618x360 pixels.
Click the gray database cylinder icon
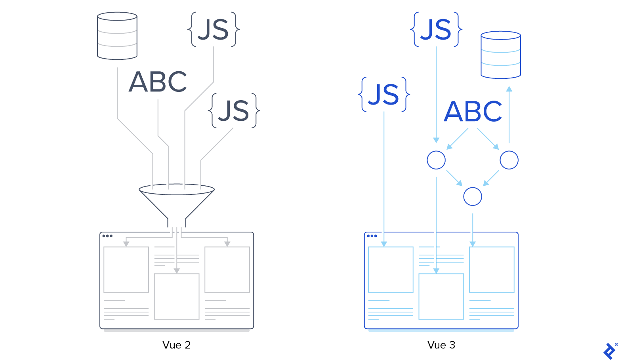click(x=117, y=36)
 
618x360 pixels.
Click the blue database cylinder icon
click(x=500, y=55)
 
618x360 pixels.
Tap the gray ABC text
click(x=158, y=82)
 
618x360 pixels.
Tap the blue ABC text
click(x=473, y=111)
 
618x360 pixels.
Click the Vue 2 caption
click(x=176, y=345)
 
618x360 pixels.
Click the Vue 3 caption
click(x=441, y=345)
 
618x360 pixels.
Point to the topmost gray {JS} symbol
click(x=214, y=30)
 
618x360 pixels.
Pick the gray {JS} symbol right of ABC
click(x=234, y=111)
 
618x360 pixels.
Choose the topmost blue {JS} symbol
click(x=436, y=30)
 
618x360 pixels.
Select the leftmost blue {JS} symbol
click(x=383, y=95)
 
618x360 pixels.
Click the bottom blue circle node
click(x=473, y=196)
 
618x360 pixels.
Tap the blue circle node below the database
click(x=509, y=160)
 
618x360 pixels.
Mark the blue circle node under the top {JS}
click(x=436, y=160)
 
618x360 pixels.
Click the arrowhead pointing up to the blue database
click(x=509, y=89)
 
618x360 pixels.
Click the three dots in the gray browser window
click(x=107, y=236)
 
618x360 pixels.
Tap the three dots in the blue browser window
click(x=372, y=236)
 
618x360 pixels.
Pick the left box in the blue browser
click(x=391, y=269)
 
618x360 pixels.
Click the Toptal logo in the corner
click(x=610, y=351)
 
